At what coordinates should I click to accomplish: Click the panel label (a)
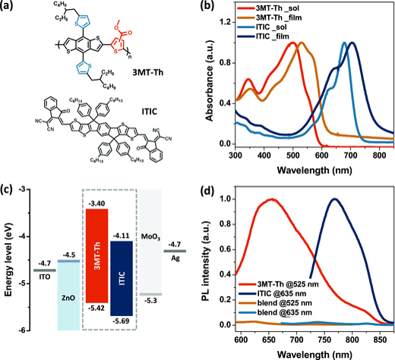pos(10,9)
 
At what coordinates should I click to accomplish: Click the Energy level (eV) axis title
pos(8,258)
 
